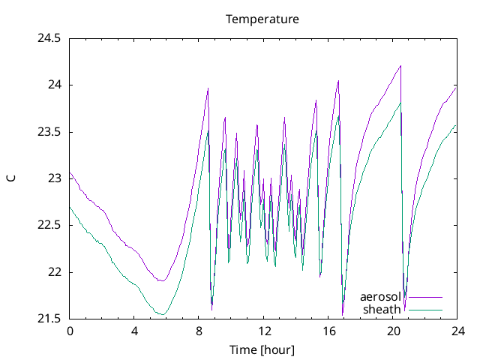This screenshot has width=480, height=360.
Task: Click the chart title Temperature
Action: pyautogui.click(x=262, y=19)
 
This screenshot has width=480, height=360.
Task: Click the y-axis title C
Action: pyautogui.click(x=10, y=178)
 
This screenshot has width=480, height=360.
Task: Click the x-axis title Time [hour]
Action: pyautogui.click(x=262, y=349)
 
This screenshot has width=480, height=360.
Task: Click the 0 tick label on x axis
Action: pyautogui.click(x=70, y=331)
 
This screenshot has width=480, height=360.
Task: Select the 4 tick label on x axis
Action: pyautogui.click(x=134, y=331)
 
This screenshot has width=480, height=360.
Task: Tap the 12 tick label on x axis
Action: pyautogui.click(x=263, y=331)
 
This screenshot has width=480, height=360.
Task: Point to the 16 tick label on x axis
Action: pyautogui.click(x=328, y=331)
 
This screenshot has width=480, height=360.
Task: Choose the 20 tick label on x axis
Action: pyautogui.click(x=392, y=331)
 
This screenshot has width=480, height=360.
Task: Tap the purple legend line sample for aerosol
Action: pyautogui.click(x=425, y=298)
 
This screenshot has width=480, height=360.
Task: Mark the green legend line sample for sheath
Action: pyautogui.click(x=425, y=310)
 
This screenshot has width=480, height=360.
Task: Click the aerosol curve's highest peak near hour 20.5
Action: pyautogui.click(x=401, y=66)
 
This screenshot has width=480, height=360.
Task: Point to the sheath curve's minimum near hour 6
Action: pyautogui.click(x=160, y=313)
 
